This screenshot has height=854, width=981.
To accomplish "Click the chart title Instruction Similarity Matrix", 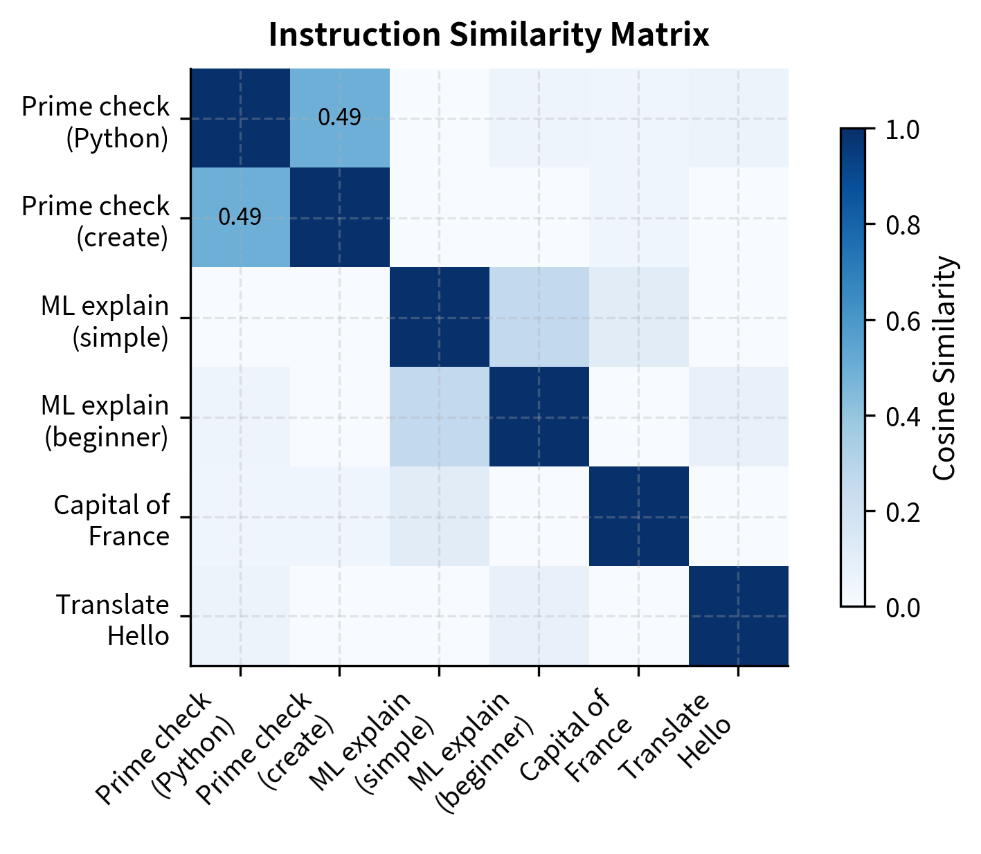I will pos(489,35).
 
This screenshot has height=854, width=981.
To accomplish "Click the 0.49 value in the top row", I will pos(339,118).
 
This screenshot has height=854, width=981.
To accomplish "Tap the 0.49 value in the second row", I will pos(240,217).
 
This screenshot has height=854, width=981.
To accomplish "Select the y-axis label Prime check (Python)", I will pos(96,122).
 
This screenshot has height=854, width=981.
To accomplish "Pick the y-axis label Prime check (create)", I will pos(96,221).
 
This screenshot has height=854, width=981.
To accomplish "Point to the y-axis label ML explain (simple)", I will pos(105,321).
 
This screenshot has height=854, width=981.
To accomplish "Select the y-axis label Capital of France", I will pos(111,520).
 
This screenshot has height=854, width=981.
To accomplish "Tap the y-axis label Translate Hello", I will pos(113,619).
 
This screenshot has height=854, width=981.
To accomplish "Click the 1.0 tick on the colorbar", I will pos(903,129).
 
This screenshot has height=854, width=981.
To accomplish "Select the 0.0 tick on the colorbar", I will pos(903,607).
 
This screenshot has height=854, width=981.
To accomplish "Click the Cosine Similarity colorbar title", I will pos(944,368).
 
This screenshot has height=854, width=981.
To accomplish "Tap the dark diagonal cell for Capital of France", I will pos(638,516).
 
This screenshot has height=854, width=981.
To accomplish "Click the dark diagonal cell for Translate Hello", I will pos(738,616).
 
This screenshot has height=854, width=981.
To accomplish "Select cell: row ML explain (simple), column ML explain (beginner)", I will pos(539,317).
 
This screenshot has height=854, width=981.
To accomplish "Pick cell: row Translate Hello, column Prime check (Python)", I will pos(240,616).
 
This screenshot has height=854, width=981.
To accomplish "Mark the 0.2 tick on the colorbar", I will pos(903,511).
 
